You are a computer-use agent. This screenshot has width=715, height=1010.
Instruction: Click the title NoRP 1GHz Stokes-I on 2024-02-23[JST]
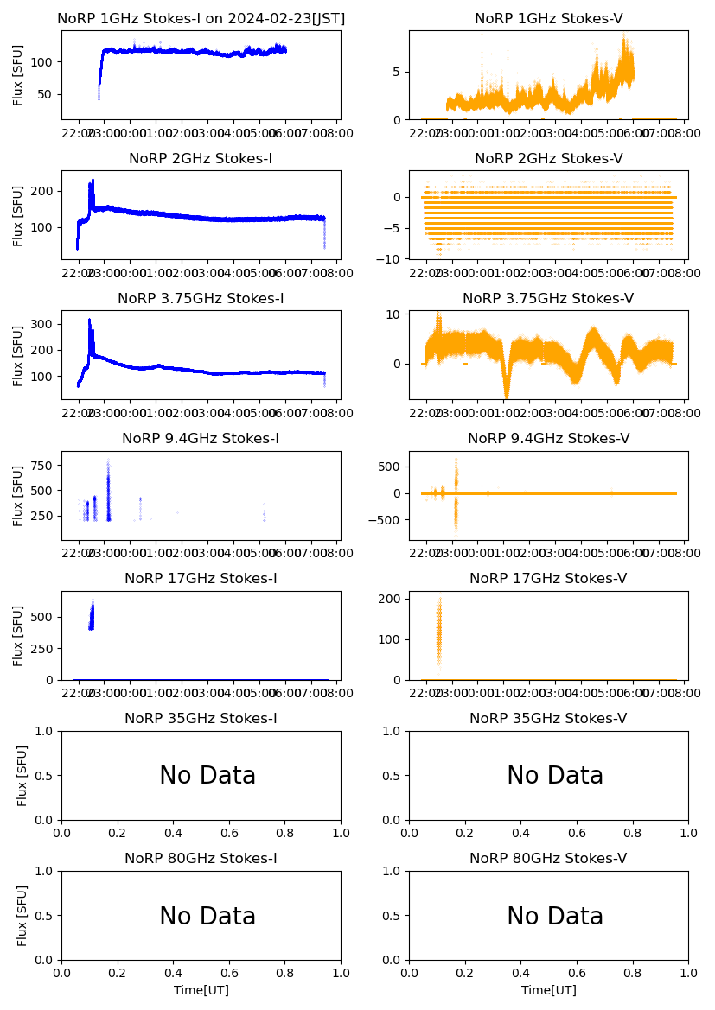(201, 18)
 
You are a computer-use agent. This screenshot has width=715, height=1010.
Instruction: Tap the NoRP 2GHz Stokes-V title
(548, 158)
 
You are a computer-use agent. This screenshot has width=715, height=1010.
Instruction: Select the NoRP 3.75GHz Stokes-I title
(201, 299)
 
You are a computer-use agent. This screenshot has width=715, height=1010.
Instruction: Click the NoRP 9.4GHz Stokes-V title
(548, 439)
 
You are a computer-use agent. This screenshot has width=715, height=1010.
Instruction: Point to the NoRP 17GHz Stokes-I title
(201, 579)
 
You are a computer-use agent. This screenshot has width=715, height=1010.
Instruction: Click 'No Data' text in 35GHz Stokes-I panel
(207, 776)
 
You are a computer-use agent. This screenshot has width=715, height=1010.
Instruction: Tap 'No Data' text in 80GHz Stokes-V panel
(555, 916)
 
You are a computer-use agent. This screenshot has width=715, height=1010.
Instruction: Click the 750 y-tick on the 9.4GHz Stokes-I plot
(44, 466)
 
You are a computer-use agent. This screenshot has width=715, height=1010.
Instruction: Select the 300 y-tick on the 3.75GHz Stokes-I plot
(44, 324)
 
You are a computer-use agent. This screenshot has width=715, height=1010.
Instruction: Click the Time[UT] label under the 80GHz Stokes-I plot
(201, 990)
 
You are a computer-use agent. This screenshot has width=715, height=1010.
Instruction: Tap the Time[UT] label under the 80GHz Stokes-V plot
(548, 990)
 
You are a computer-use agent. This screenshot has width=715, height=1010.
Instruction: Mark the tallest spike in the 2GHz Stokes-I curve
(93, 181)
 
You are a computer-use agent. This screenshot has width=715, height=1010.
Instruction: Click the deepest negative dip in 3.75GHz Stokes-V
(507, 395)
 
